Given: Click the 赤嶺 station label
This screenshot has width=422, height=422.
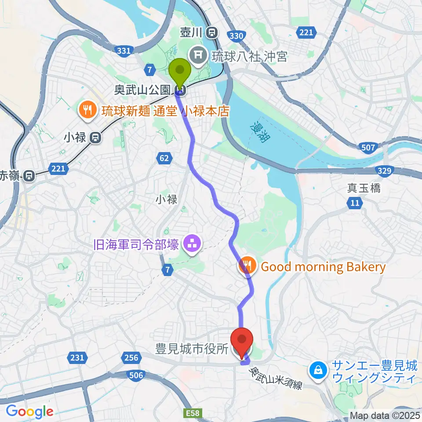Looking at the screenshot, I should coord(10,175).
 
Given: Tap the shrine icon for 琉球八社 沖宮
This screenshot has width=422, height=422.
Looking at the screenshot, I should coord(196,55).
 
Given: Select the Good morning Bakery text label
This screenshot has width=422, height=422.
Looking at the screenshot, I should coord(323,266).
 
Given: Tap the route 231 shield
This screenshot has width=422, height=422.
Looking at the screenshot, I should coord(77,357).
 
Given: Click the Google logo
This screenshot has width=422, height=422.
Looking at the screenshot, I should coord(29,411).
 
